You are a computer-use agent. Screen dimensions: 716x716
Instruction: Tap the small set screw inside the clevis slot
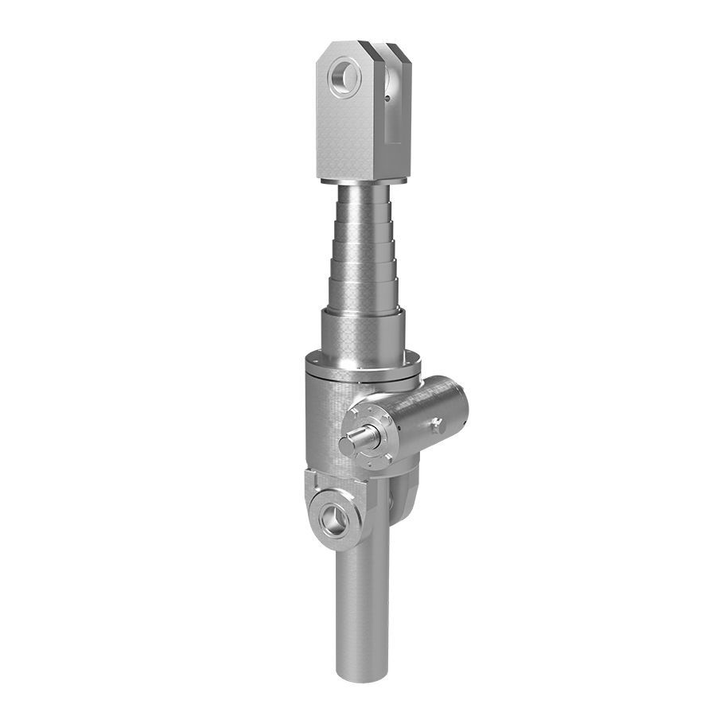tap(386, 99)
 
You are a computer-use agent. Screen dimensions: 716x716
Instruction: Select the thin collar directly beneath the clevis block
tap(364, 181)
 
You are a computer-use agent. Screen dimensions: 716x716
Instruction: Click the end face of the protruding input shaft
tap(347, 445)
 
